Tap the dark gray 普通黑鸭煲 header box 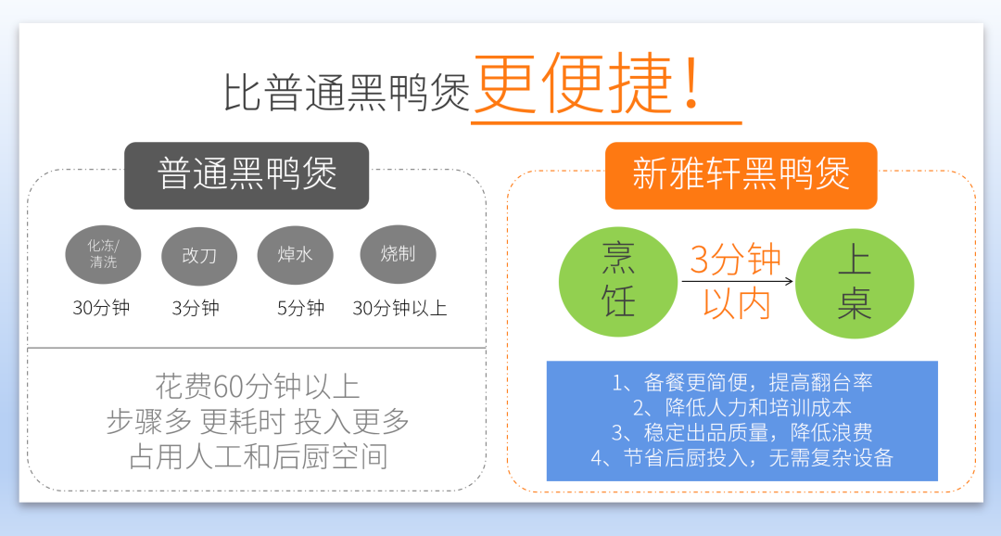click(247, 175)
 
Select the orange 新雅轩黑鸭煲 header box click(741, 175)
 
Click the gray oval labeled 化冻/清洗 click(103, 254)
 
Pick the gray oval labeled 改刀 click(199, 256)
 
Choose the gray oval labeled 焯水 click(295, 254)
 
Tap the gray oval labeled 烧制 click(399, 253)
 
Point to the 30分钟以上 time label click(399, 308)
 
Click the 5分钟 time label click(300, 308)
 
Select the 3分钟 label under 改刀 click(196, 308)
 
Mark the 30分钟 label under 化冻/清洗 click(102, 308)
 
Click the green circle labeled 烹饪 click(618, 282)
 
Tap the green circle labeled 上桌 click(855, 283)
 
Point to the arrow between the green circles click(738, 280)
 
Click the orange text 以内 click(737, 303)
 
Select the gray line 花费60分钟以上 click(258, 387)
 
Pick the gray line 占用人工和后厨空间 click(258, 456)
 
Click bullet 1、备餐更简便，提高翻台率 click(741, 382)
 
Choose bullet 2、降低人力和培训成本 click(741, 407)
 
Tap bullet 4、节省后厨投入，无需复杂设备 click(741, 457)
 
